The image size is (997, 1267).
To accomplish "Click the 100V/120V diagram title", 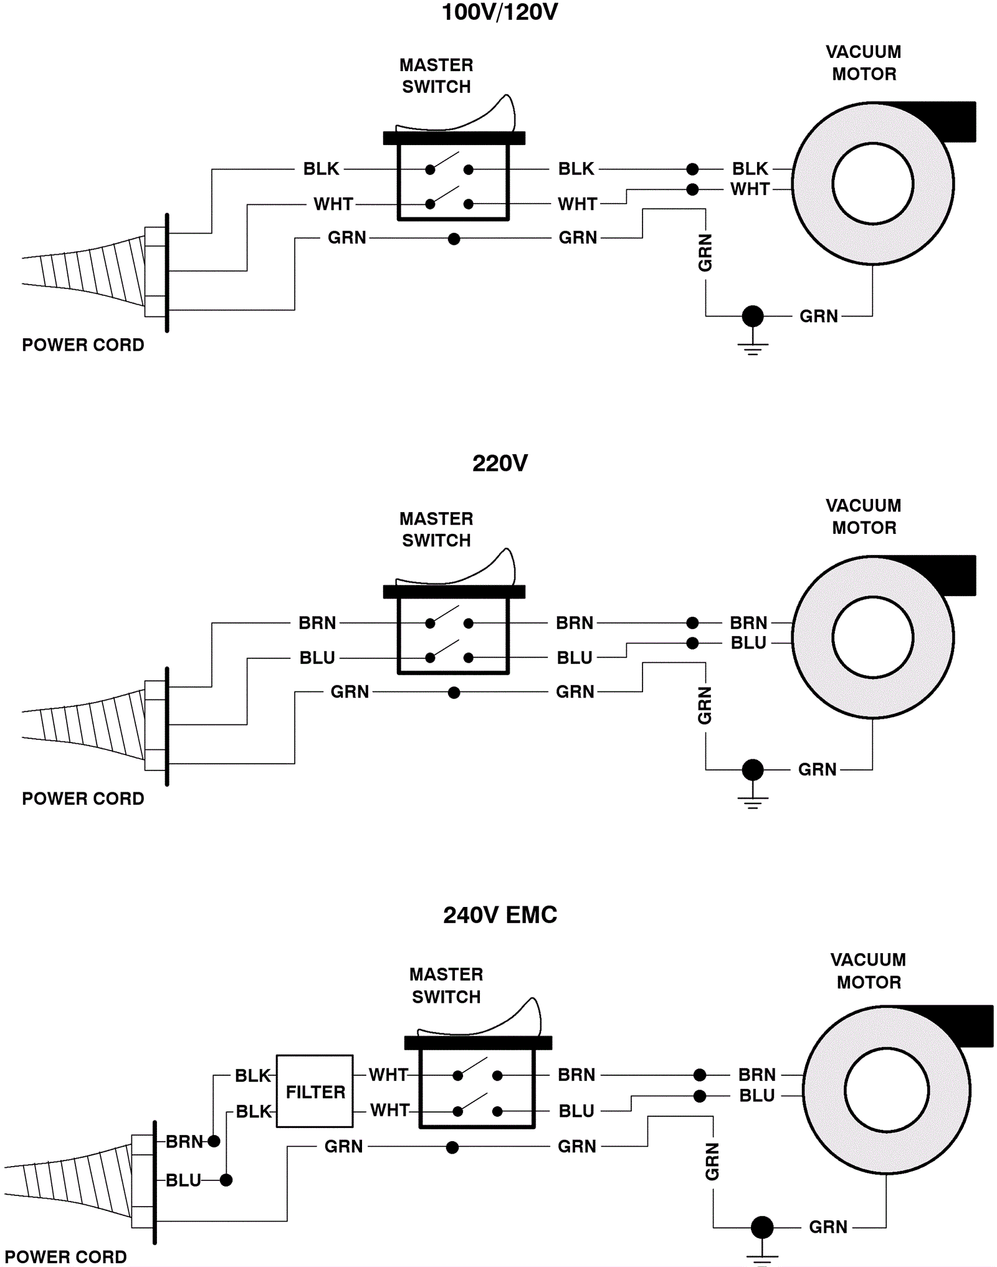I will coord(500,12).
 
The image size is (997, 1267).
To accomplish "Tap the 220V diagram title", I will coord(500,463).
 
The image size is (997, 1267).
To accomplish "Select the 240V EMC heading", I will coord(500,915).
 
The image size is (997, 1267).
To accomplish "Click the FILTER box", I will coord(315,1091).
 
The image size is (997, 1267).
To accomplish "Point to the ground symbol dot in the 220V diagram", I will coord(753,770).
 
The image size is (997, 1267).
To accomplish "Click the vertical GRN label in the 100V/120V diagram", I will coord(705,253).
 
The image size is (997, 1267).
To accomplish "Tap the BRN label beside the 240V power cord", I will coord(184,1142).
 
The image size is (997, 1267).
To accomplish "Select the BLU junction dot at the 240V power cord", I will coord(226,1180).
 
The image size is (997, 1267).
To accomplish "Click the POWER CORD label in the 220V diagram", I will coord(83,799).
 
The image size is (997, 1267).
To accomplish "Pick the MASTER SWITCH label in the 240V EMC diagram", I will coord(446,985).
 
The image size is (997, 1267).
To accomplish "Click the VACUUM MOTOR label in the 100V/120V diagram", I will coord(864,63).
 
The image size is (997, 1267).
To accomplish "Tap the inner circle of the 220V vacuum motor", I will coord(872,637).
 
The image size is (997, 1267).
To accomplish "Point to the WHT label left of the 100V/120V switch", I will coord(333,204).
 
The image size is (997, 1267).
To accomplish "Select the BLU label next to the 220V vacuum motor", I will coord(748,643).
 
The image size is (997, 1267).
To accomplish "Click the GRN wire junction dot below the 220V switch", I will coord(454,692).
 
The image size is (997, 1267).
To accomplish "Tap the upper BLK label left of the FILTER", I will coord(252,1076).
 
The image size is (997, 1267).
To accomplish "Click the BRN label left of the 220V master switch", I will coord(317,623).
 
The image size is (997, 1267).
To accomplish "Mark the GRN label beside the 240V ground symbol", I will coord(828,1227).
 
